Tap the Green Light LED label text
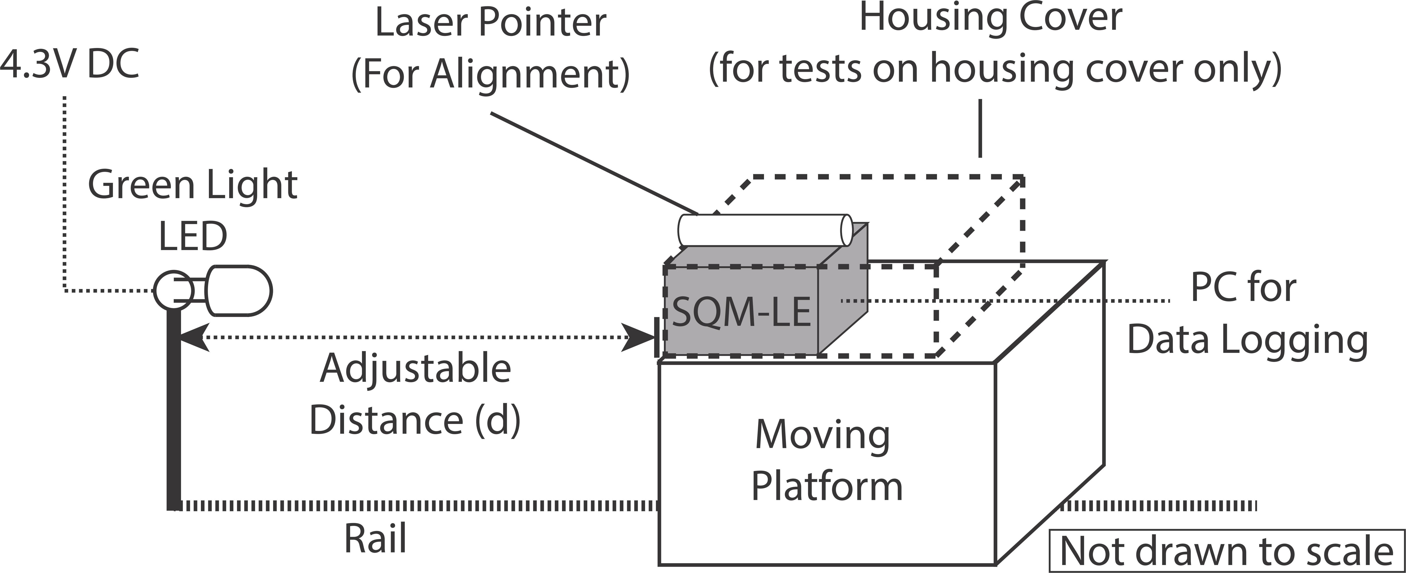[x=193, y=210]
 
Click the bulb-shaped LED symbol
[x=240, y=291]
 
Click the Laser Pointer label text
[x=490, y=23]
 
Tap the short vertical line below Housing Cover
[x=980, y=128]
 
